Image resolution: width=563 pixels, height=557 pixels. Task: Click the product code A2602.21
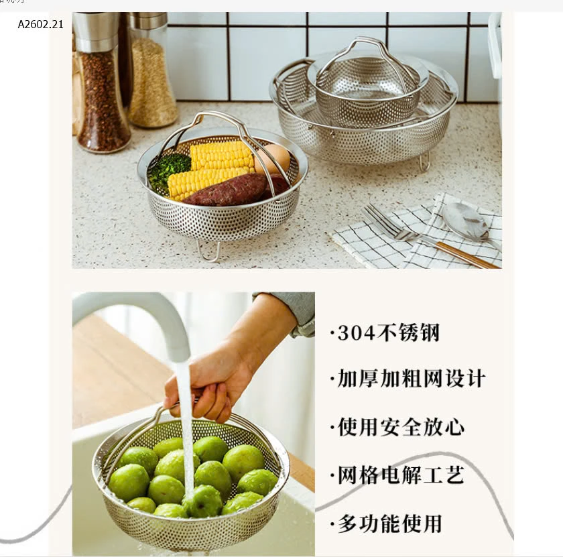[40, 25]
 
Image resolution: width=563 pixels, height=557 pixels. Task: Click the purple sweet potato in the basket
[231, 191]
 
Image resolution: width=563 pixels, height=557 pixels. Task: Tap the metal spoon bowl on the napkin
[465, 221]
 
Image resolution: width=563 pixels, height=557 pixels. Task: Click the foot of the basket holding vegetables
[208, 251]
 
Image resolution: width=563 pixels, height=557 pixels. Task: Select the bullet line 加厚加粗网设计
[409, 379]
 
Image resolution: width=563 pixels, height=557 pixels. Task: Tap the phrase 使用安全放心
[399, 427]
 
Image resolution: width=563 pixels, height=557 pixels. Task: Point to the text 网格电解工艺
[399, 475]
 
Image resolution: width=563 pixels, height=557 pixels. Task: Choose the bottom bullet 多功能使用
[387, 523]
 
